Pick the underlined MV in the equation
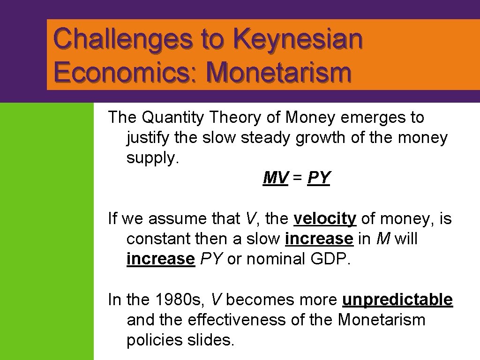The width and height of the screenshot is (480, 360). click(x=276, y=178)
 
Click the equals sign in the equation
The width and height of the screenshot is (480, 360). click(x=298, y=179)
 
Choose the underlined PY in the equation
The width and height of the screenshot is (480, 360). click(x=319, y=178)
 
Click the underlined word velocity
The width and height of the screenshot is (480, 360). click(x=325, y=219)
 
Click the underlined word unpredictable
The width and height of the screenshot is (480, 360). click(x=397, y=300)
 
